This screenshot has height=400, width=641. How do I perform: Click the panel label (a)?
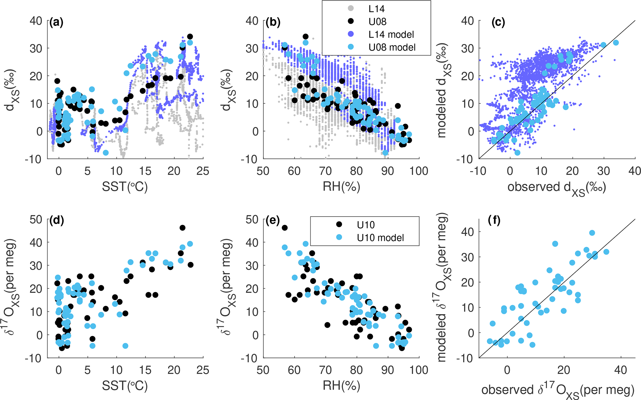click(56, 22)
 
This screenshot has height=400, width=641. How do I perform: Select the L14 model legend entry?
click(391, 34)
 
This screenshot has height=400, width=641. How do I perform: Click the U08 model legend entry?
click(392, 47)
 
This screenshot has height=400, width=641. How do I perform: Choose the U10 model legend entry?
click(380, 238)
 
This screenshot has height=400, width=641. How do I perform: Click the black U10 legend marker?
click(339, 224)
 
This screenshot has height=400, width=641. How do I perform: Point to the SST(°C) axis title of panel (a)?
click(125, 187)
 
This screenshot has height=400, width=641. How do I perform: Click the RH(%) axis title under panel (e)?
click(341, 386)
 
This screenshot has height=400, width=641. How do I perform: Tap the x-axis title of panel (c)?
click(557, 187)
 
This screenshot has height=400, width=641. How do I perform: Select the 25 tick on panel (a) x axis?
click(203, 171)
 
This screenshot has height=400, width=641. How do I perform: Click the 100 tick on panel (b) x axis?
click(419, 171)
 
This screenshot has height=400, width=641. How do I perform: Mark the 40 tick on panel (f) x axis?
click(621, 370)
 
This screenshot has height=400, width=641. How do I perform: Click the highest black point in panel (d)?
click(182, 228)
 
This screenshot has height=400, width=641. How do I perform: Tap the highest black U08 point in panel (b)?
click(305, 37)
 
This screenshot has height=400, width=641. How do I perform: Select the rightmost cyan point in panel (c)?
click(616, 43)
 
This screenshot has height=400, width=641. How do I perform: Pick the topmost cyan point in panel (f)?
click(592, 233)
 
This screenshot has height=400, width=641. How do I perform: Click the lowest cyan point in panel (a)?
click(106, 153)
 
